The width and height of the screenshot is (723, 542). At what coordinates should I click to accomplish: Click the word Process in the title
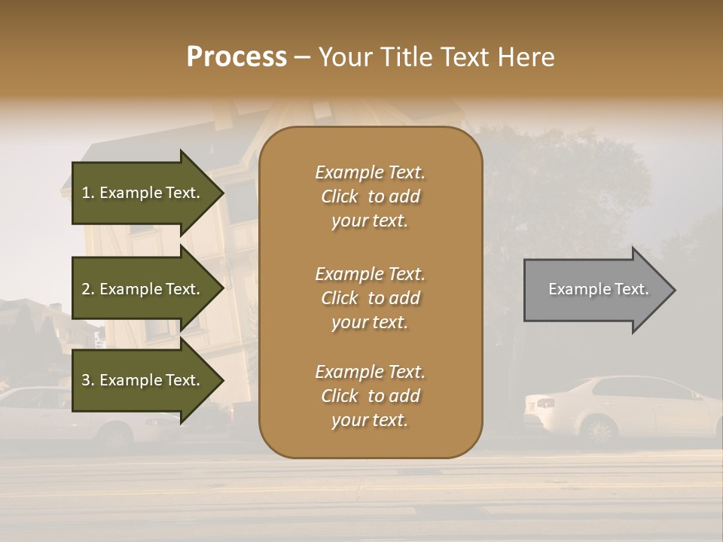pyautogui.click(x=236, y=57)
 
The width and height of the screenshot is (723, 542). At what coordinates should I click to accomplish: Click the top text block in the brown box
pyautogui.click(x=370, y=196)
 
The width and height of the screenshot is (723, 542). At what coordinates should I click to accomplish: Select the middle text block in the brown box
pyautogui.click(x=370, y=298)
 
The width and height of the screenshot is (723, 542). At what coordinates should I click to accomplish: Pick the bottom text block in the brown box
pyautogui.click(x=370, y=396)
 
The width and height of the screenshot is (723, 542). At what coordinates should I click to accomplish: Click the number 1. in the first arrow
pyautogui.click(x=88, y=193)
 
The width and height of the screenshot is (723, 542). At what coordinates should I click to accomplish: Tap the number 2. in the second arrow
pyautogui.click(x=88, y=289)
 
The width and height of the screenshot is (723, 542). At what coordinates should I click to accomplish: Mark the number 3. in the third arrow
pyautogui.click(x=88, y=380)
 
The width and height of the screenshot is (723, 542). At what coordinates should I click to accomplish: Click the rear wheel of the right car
pyautogui.click(x=599, y=431)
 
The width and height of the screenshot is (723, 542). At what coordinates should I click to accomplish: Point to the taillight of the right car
pyautogui.click(x=546, y=403)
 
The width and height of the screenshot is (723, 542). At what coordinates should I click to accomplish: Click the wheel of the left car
pyautogui.click(x=117, y=436)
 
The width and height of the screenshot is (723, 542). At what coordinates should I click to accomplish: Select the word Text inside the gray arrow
pyautogui.click(x=632, y=289)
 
